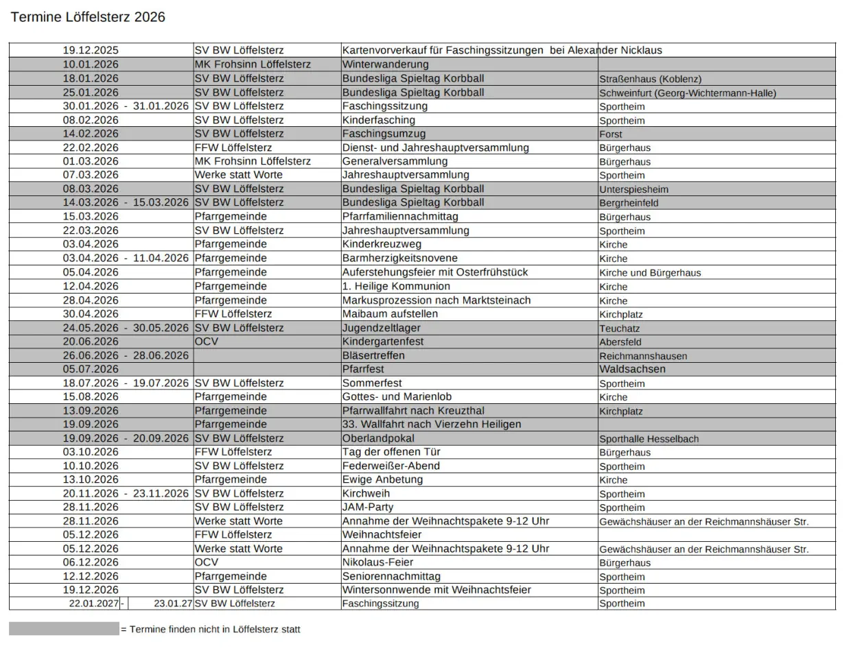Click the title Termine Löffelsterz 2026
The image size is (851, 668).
(88, 17)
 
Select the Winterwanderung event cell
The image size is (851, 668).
(385, 64)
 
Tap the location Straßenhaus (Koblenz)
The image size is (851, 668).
(650, 79)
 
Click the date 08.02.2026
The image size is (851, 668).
(91, 120)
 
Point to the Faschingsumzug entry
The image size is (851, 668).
(384, 134)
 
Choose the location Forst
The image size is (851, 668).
(611, 134)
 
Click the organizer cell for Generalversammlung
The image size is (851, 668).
(253, 161)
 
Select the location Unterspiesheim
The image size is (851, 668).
(633, 189)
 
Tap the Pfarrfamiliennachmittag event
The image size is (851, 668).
(400, 217)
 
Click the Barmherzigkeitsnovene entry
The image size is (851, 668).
(399, 259)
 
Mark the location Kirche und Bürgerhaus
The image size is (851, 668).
(650, 273)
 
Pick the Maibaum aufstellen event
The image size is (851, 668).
(390, 314)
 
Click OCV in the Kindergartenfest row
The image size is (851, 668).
(207, 342)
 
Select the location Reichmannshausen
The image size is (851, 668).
(643, 356)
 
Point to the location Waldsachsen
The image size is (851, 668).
(632, 369)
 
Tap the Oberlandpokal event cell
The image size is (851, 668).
(378, 438)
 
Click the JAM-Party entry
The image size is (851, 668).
(368, 508)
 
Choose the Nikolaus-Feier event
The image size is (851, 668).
(377, 562)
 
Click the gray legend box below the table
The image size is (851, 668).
(64, 629)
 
